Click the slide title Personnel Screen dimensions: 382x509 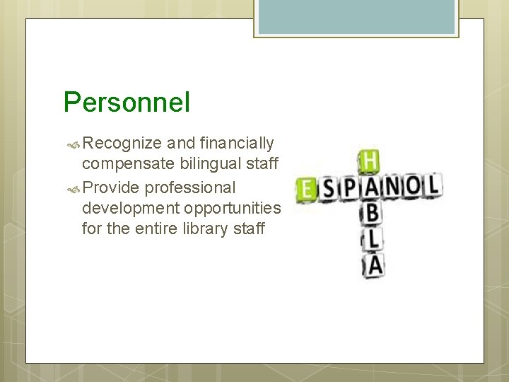127,103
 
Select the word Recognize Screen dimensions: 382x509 122,144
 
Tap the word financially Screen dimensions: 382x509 236,144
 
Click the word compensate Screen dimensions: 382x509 128,164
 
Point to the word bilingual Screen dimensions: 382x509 209,164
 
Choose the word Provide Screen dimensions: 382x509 111,187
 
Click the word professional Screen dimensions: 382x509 190,187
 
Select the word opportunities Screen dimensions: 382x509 233,208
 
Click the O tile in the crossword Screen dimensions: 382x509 411,187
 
